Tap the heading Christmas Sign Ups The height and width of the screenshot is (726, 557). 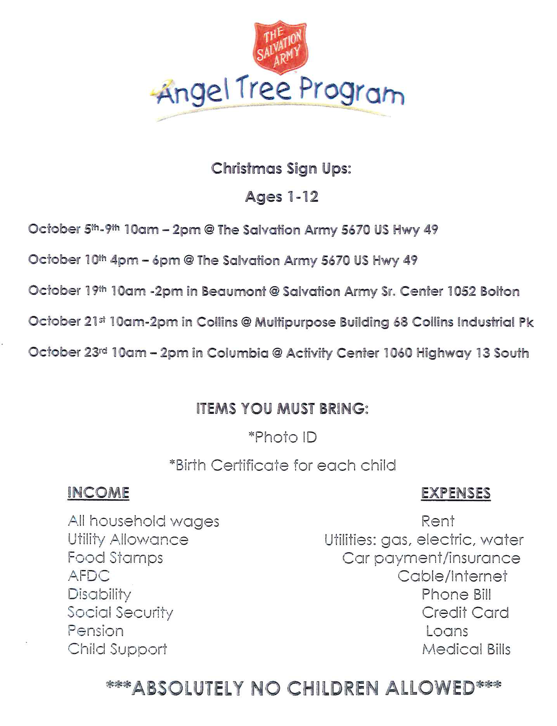coord(281,169)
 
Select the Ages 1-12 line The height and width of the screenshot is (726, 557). coord(282,197)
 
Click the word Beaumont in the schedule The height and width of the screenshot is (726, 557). coord(234,291)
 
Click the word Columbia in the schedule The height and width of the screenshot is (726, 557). coord(237,353)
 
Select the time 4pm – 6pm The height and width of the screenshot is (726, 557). coord(145,260)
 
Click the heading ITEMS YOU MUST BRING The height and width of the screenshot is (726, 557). coord(282,409)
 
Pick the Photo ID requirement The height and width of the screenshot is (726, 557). coord(282,437)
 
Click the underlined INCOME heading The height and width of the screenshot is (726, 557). coord(98,493)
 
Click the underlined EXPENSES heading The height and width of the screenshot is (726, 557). coord(456,493)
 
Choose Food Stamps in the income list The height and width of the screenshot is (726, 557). coord(115,558)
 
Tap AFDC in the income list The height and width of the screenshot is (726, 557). coord(88,576)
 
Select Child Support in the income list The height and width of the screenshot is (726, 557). coord(117,649)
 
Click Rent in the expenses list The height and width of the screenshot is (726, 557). coord(438,521)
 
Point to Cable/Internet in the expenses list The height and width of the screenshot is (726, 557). coord(452,576)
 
